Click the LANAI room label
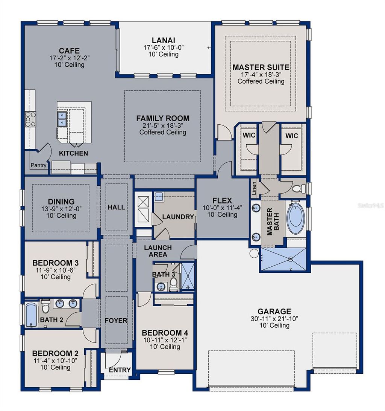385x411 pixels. coord(164,40)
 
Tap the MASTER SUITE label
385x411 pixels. coord(261,67)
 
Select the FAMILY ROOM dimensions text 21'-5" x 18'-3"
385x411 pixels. coord(163,125)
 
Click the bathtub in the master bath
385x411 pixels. coord(296,218)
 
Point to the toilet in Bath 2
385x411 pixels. coord(45,307)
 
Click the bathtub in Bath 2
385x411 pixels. coord(31,315)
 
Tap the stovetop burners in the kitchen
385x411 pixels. coord(30,119)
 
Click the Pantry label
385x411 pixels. coord(38,165)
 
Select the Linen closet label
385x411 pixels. coord(254,188)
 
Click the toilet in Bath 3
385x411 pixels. coord(174,284)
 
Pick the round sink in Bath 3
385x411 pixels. coord(160,286)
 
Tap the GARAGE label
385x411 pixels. coord(274,312)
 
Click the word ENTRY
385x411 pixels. coord(120,370)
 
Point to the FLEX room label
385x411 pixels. coord(222,201)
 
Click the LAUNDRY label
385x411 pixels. coord(178,217)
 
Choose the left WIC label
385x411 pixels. coord(249,135)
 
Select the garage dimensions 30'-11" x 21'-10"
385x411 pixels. coord(274,319)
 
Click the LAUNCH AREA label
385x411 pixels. coord(158,251)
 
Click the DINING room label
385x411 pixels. coord(61,202)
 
